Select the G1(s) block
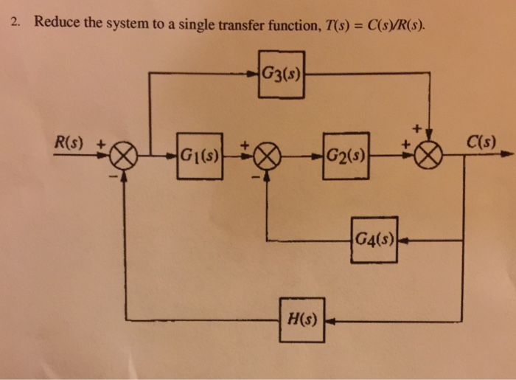200,156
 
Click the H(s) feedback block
301,320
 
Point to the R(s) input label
72,140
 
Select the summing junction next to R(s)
123,156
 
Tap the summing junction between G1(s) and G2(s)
269,156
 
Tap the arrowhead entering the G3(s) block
254,74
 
